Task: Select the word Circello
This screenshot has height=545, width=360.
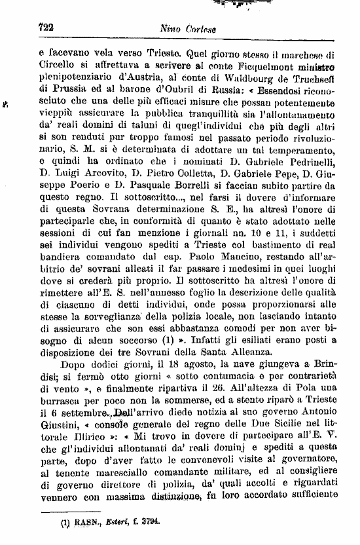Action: pyautogui.click(x=58, y=67)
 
